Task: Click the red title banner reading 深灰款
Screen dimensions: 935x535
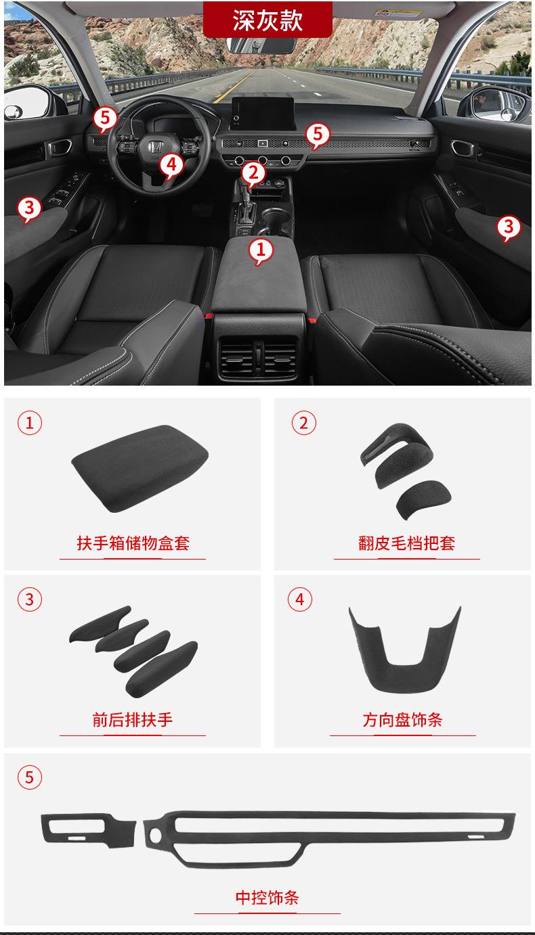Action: click(x=267, y=20)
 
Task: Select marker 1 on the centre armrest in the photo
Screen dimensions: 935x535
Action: click(x=261, y=250)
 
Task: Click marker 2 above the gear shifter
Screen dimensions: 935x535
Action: click(x=253, y=173)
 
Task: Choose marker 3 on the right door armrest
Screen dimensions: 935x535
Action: click(x=509, y=227)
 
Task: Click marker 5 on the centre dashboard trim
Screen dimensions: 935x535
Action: click(x=318, y=135)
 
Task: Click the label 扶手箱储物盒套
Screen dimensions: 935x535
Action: click(x=133, y=543)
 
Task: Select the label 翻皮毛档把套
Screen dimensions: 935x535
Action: click(x=406, y=543)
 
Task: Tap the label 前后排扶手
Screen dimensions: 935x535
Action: click(x=133, y=719)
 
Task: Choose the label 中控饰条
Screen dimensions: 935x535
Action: click(x=267, y=898)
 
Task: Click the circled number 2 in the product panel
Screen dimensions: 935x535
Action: click(x=303, y=424)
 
